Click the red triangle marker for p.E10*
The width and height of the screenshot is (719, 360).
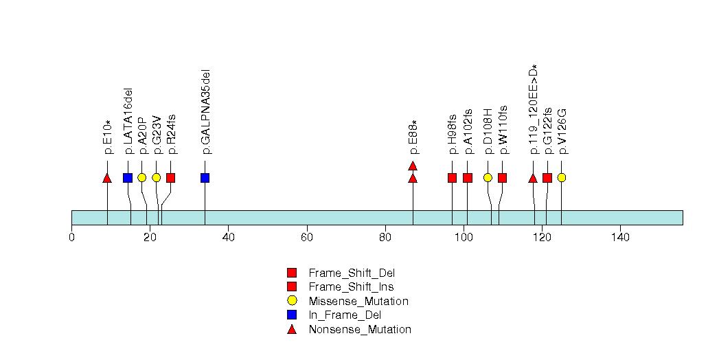[x=106, y=179]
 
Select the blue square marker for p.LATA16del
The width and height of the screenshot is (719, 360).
[x=128, y=178]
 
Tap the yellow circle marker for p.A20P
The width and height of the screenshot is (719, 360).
[x=141, y=178]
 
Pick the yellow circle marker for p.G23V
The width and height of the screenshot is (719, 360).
[x=156, y=178]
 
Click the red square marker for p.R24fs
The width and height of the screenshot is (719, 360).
[x=170, y=178]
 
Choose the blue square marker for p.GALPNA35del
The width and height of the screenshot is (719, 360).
[x=205, y=178]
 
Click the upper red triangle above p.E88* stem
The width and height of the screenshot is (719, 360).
[x=413, y=166]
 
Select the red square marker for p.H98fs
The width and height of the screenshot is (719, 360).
[x=452, y=178]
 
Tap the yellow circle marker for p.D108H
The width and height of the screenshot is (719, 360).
[x=488, y=178]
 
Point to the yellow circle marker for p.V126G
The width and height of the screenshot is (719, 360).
[x=561, y=178]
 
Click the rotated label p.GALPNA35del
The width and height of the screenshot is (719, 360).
[x=205, y=111]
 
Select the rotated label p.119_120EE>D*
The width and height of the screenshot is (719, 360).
[x=534, y=108]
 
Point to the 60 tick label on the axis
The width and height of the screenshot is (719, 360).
[x=306, y=238]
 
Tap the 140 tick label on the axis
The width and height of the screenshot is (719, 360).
[x=619, y=238]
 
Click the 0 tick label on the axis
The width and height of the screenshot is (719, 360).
[x=71, y=238]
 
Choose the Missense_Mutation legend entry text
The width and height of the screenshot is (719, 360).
[x=358, y=302]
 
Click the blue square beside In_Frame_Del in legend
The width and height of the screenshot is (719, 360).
[x=292, y=315]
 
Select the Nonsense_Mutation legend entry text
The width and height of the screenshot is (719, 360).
[x=360, y=330]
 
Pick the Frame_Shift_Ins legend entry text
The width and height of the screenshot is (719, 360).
[x=351, y=287]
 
